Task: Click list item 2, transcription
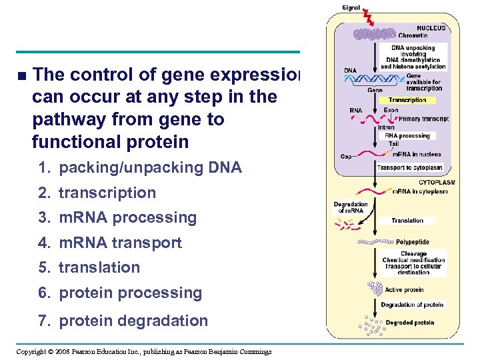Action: (x=107, y=193)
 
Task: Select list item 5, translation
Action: (x=99, y=267)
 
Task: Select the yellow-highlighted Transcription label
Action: (x=407, y=100)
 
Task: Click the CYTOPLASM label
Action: (x=437, y=182)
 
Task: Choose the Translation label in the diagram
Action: (x=407, y=221)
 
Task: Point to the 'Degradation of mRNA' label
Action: (x=351, y=207)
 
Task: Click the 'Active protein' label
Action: (x=404, y=290)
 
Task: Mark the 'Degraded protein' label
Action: (x=411, y=323)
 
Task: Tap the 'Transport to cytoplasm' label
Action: (x=410, y=167)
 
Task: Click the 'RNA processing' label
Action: (x=407, y=135)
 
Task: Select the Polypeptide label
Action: (x=413, y=242)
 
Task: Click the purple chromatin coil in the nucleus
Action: (x=374, y=34)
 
